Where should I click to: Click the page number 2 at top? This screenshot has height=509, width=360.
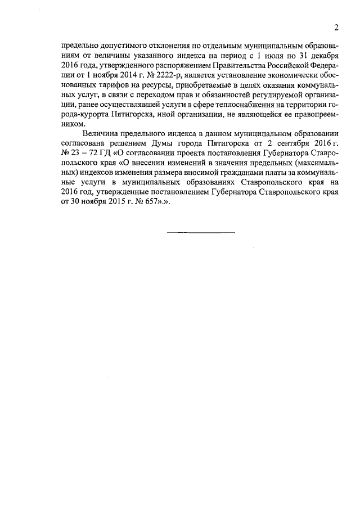[336, 28]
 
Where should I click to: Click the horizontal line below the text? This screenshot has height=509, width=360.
[201, 232]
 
